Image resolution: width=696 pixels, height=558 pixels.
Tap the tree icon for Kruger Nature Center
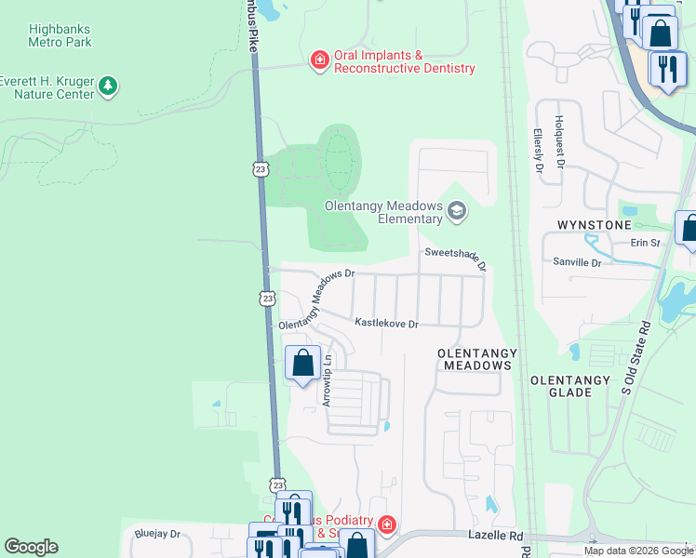(x=110, y=86)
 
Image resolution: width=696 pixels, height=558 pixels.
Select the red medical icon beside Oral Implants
(x=319, y=61)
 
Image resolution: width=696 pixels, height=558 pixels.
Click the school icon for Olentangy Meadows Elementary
(x=456, y=211)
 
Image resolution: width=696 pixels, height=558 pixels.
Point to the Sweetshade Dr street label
(x=456, y=258)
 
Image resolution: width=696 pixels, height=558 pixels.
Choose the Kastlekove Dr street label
(x=386, y=323)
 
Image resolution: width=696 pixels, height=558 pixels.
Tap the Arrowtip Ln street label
(x=327, y=381)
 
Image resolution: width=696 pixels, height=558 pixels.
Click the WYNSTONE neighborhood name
(x=594, y=226)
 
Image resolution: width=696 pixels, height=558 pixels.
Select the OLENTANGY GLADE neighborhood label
(x=569, y=386)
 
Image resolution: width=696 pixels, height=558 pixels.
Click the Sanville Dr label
(x=577, y=263)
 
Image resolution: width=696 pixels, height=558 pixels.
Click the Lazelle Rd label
(x=502, y=537)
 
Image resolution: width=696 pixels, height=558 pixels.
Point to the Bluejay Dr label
(x=156, y=534)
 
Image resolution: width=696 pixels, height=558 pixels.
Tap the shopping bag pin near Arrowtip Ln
(x=303, y=363)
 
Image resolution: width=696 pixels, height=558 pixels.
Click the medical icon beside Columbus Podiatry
(x=386, y=525)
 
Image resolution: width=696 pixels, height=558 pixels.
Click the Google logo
(x=31, y=547)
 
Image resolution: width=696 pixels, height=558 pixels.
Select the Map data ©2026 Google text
(x=637, y=551)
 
